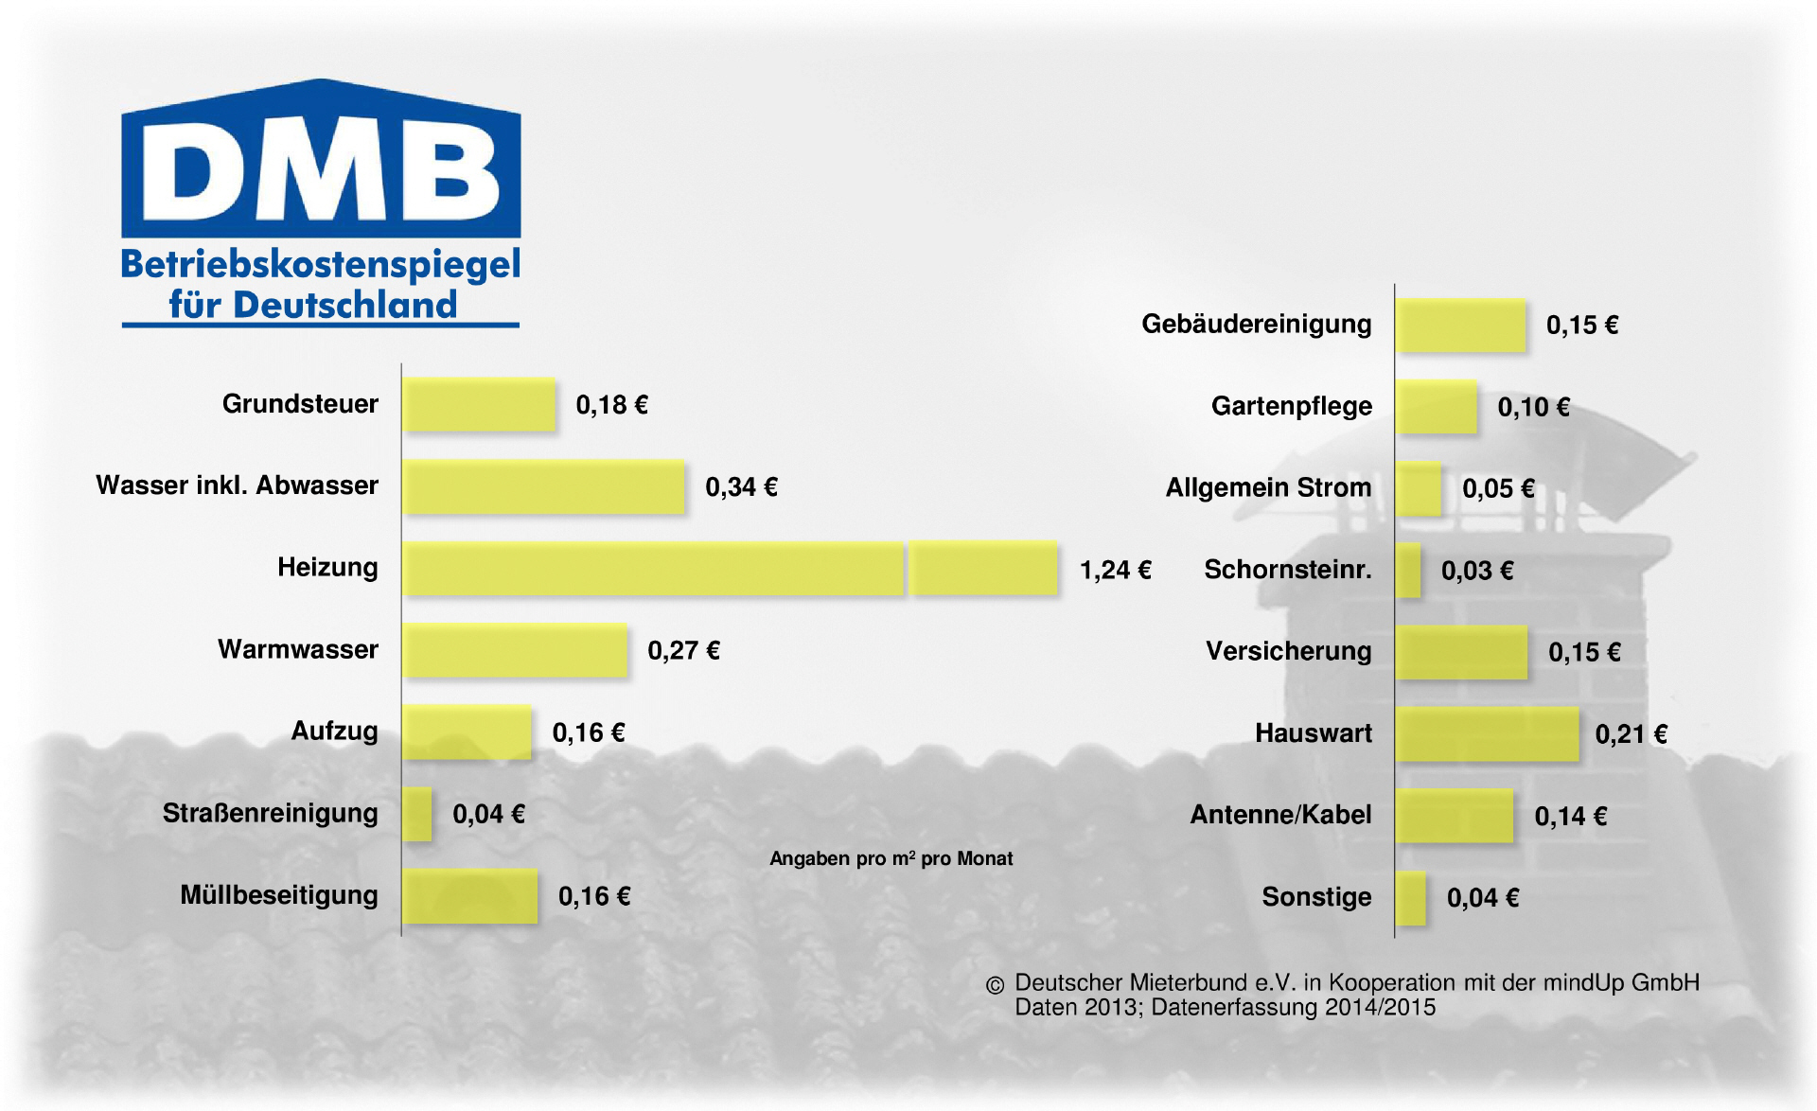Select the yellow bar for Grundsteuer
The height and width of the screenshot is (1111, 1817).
(x=479, y=405)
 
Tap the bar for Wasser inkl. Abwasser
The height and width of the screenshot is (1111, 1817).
(x=543, y=487)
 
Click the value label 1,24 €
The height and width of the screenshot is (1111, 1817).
(x=1115, y=570)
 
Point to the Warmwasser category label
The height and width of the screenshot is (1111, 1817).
(x=298, y=649)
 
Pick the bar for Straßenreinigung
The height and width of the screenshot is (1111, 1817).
(x=417, y=814)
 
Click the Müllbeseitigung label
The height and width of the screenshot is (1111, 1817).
(x=279, y=895)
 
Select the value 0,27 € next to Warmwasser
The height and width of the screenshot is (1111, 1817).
(x=683, y=651)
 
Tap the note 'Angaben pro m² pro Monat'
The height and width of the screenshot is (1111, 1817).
(x=891, y=858)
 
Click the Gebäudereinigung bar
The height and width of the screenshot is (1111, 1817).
(x=1460, y=326)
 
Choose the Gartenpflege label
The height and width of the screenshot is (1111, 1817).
(x=1291, y=406)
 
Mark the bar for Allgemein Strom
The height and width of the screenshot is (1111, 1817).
(x=1419, y=489)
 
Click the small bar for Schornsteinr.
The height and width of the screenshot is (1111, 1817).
(x=1408, y=571)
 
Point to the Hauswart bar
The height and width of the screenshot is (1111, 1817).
(x=1487, y=733)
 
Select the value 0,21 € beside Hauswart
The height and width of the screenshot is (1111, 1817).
(x=1631, y=734)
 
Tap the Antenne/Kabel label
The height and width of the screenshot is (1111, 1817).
(x=1280, y=815)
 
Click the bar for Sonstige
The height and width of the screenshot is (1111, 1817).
(x=1411, y=898)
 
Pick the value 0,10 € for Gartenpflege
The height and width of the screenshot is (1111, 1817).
(x=1533, y=408)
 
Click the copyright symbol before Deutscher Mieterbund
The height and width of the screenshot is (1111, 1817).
(x=995, y=985)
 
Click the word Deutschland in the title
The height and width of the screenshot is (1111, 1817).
(x=345, y=305)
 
